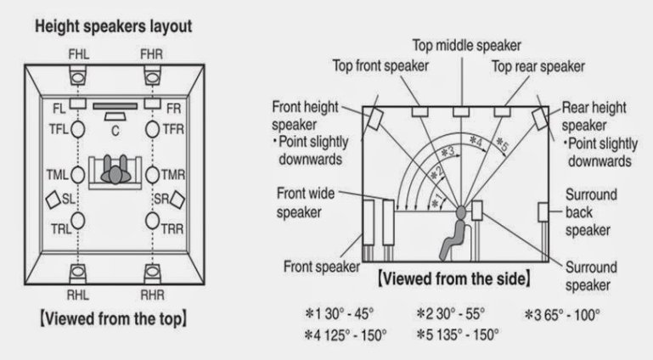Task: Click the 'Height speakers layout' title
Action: [x=112, y=26]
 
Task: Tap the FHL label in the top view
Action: [x=76, y=55]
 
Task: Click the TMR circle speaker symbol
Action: [x=153, y=176]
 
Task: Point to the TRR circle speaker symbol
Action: [x=153, y=221]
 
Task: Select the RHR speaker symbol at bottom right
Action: [x=153, y=273]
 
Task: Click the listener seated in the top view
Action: [x=115, y=170]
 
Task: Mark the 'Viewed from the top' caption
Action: [x=112, y=319]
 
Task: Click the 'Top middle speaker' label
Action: [x=466, y=44]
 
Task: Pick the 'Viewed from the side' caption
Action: [x=455, y=278]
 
